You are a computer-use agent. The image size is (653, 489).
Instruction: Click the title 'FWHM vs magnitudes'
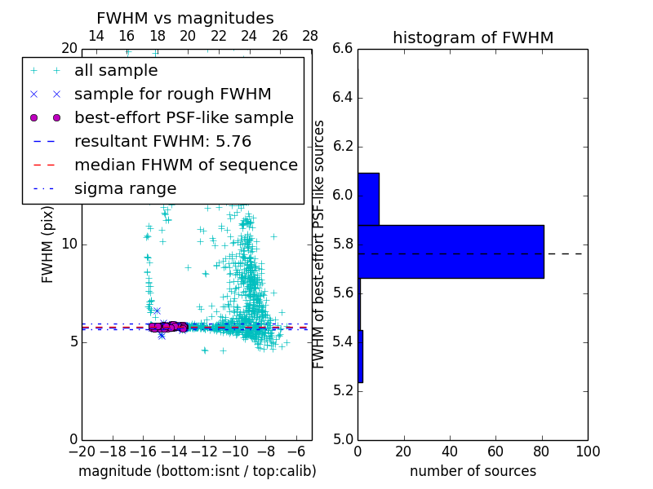point(185,19)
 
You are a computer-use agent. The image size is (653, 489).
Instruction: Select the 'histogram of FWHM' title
point(473,37)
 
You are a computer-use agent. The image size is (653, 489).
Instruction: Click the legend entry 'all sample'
point(116,71)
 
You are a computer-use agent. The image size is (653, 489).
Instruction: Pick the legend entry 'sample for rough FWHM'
point(172,95)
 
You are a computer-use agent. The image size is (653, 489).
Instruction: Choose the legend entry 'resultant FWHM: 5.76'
point(162,142)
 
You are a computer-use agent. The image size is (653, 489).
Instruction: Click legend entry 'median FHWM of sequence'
point(185,165)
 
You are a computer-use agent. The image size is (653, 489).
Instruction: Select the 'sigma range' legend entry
point(125,189)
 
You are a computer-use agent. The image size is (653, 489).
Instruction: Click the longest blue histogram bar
point(451,252)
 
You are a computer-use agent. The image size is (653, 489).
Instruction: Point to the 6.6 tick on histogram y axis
point(343,49)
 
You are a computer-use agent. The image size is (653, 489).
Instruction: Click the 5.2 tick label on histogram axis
point(343,390)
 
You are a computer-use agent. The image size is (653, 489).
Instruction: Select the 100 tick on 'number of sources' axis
point(587,452)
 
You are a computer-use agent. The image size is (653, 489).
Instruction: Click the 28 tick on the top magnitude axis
point(310,36)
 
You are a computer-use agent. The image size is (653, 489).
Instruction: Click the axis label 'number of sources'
point(473,471)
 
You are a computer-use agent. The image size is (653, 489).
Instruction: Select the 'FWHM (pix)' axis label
point(48,244)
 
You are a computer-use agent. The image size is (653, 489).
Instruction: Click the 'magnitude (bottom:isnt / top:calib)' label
point(197,471)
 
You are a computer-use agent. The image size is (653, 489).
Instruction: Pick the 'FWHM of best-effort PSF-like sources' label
point(319,244)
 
